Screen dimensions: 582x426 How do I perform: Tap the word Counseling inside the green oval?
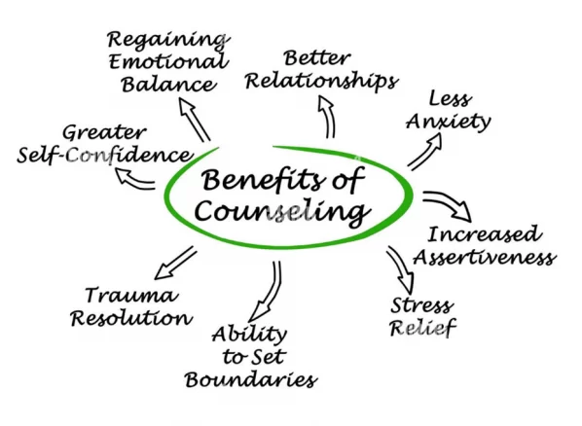pyautogui.click(x=283, y=212)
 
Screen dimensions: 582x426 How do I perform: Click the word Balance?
pyautogui.click(x=169, y=85)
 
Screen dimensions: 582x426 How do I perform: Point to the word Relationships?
pyautogui.click(x=322, y=81)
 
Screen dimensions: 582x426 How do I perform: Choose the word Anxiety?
pyautogui.click(x=449, y=122)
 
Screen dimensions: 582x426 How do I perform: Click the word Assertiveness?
pyautogui.click(x=485, y=257)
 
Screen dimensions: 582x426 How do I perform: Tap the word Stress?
pyautogui.click(x=422, y=305)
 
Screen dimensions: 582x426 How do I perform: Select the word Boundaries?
pyautogui.click(x=251, y=379)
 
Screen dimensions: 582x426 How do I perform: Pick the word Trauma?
pyautogui.click(x=131, y=296)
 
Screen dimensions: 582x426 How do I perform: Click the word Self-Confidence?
pyautogui.click(x=105, y=155)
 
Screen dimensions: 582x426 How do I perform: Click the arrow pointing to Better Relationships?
pyautogui.click(x=329, y=116)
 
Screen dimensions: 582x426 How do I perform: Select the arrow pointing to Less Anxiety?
pyautogui.click(x=425, y=151)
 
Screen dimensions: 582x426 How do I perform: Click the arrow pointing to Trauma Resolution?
pyautogui.click(x=174, y=264)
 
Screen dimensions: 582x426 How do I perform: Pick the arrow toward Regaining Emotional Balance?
pyautogui.click(x=194, y=120)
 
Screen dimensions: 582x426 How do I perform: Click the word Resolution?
pyautogui.click(x=131, y=318)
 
